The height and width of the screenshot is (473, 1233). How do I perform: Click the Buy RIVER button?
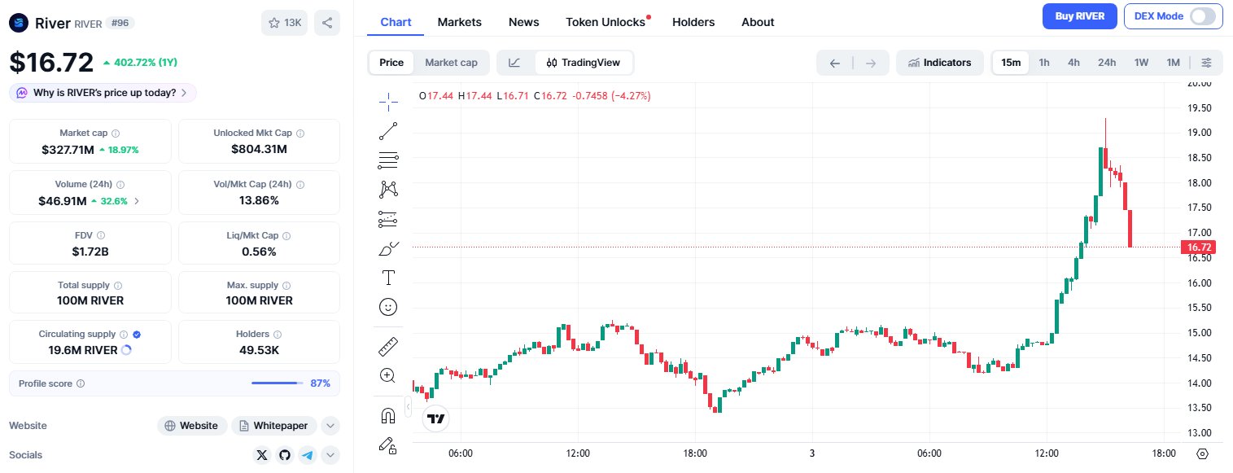coord(1080,16)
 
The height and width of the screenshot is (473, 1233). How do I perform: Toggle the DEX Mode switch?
coord(1201,16)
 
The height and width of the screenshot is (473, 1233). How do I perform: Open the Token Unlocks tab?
coord(606,22)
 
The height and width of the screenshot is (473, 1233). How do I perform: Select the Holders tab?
coord(693,22)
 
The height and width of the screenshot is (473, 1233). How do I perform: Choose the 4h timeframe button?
coord(1073,63)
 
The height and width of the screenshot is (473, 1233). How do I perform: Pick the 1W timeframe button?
coord(1141,63)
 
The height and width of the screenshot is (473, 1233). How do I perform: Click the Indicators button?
coord(939,63)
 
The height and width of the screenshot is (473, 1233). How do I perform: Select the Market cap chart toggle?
coord(451,63)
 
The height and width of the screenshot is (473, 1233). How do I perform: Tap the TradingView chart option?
coord(584,63)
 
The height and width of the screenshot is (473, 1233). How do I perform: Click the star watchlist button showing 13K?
coord(284,23)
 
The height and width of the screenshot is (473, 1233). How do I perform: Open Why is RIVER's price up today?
coord(103,93)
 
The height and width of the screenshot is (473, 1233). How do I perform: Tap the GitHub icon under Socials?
coord(284,455)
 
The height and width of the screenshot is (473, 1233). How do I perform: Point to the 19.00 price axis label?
coord(1199,133)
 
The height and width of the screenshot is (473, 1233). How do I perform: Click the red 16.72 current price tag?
coord(1200,247)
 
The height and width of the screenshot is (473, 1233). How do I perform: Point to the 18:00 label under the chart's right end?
coord(1164,453)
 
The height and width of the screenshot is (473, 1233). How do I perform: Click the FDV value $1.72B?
coord(90,252)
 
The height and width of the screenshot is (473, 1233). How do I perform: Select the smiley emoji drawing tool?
coord(388,307)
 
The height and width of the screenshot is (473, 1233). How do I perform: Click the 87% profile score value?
coord(320,383)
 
